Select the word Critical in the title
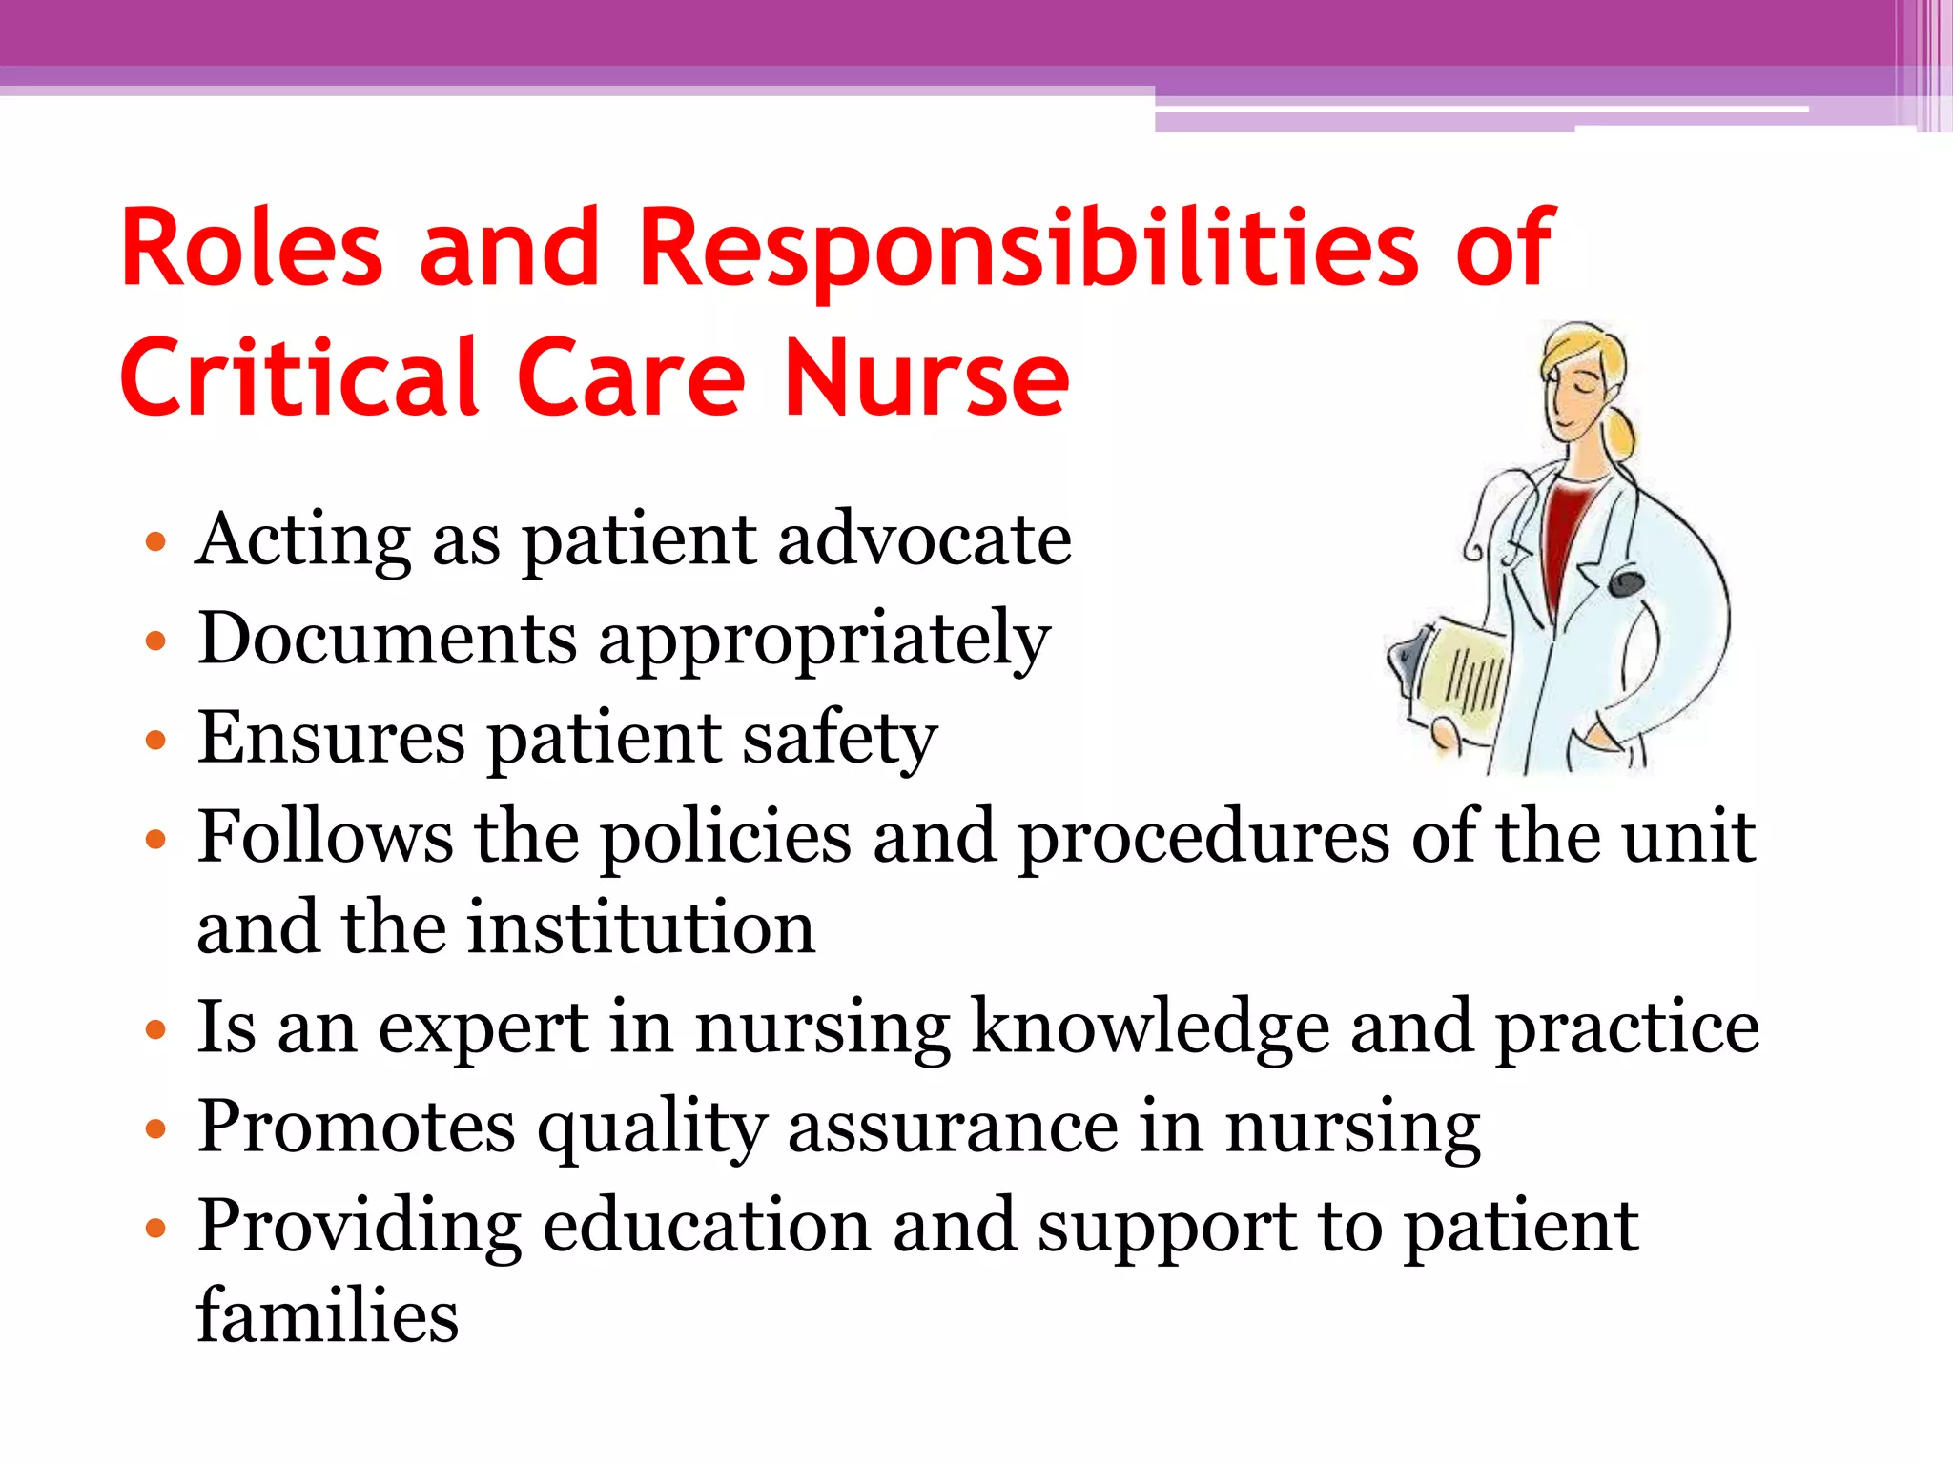pos(298,379)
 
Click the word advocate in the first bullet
pos(924,539)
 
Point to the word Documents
pos(387,638)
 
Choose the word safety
pos(839,739)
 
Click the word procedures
pos(1203,837)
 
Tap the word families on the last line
pos(327,1316)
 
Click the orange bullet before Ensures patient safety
pos(155,741)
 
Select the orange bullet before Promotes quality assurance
pos(155,1129)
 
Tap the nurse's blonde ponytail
pos(1622,434)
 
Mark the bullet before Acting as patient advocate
pos(155,543)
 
